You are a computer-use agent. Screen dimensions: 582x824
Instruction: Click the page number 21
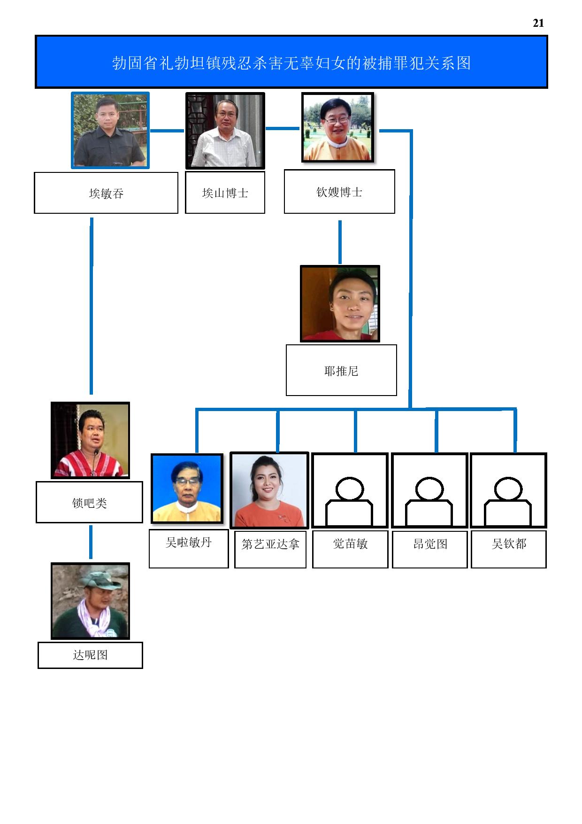pyautogui.click(x=538, y=23)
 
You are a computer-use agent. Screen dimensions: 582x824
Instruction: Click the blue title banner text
pyautogui.click(x=291, y=63)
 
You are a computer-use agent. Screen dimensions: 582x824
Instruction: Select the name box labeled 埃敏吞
pyautogui.click(x=106, y=193)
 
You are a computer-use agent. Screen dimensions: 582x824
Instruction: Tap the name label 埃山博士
pyautogui.click(x=225, y=193)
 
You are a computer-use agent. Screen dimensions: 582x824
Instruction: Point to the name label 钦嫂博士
pyautogui.click(x=339, y=192)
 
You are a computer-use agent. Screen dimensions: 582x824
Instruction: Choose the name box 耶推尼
pyautogui.click(x=341, y=370)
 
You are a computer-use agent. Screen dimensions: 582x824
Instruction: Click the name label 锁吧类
pyautogui.click(x=89, y=502)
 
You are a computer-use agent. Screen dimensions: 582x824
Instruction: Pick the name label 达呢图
pyautogui.click(x=90, y=655)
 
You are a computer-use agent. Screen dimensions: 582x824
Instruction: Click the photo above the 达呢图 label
pyautogui.click(x=90, y=601)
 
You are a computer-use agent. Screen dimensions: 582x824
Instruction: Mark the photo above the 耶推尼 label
pyautogui.click(x=340, y=303)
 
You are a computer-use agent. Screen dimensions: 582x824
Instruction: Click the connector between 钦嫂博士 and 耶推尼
pyautogui.click(x=340, y=242)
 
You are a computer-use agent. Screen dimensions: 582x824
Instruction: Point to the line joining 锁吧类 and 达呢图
pyautogui.click(x=91, y=542)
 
